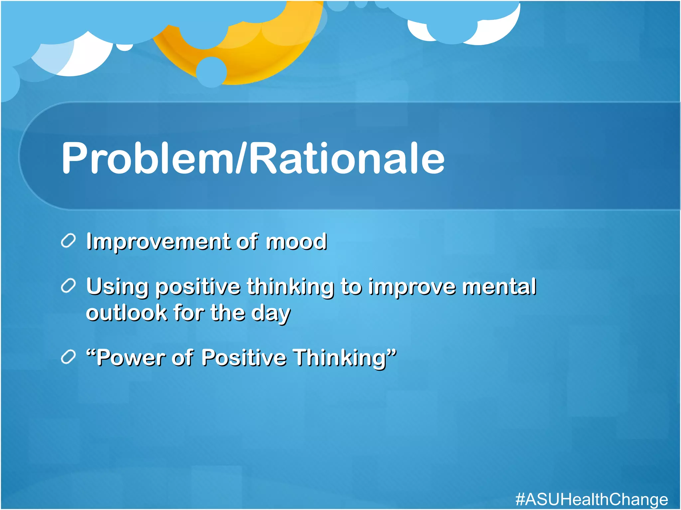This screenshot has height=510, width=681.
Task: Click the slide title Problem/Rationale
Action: click(x=253, y=158)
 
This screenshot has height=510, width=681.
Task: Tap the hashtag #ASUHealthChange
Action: click(x=592, y=499)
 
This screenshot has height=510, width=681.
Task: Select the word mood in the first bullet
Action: click(x=296, y=241)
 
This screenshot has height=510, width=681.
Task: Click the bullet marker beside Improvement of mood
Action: click(x=68, y=240)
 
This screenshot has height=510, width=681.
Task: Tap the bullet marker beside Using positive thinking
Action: click(x=68, y=286)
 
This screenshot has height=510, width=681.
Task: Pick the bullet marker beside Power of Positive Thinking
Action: click(x=68, y=357)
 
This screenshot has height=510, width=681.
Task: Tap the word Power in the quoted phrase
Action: click(x=131, y=358)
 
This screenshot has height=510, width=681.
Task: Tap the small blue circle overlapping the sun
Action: click(x=211, y=72)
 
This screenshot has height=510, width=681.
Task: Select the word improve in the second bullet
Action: click(x=412, y=287)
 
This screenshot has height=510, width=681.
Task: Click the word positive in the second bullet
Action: click(x=198, y=287)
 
